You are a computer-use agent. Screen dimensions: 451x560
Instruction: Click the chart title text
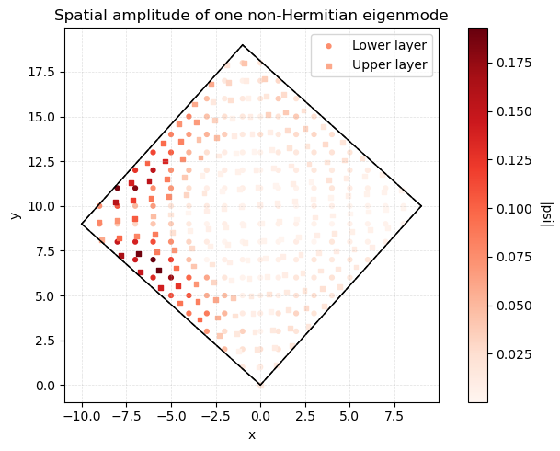[x=251, y=15]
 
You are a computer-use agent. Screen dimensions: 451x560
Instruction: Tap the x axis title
[x=251, y=434]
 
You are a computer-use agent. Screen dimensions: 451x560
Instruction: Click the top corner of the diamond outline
[x=243, y=45]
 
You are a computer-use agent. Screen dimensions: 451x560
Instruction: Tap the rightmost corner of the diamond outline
[x=421, y=206]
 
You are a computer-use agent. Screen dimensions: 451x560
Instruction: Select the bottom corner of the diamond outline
[x=260, y=385]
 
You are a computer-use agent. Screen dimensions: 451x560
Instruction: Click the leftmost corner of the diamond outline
[x=82, y=224]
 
